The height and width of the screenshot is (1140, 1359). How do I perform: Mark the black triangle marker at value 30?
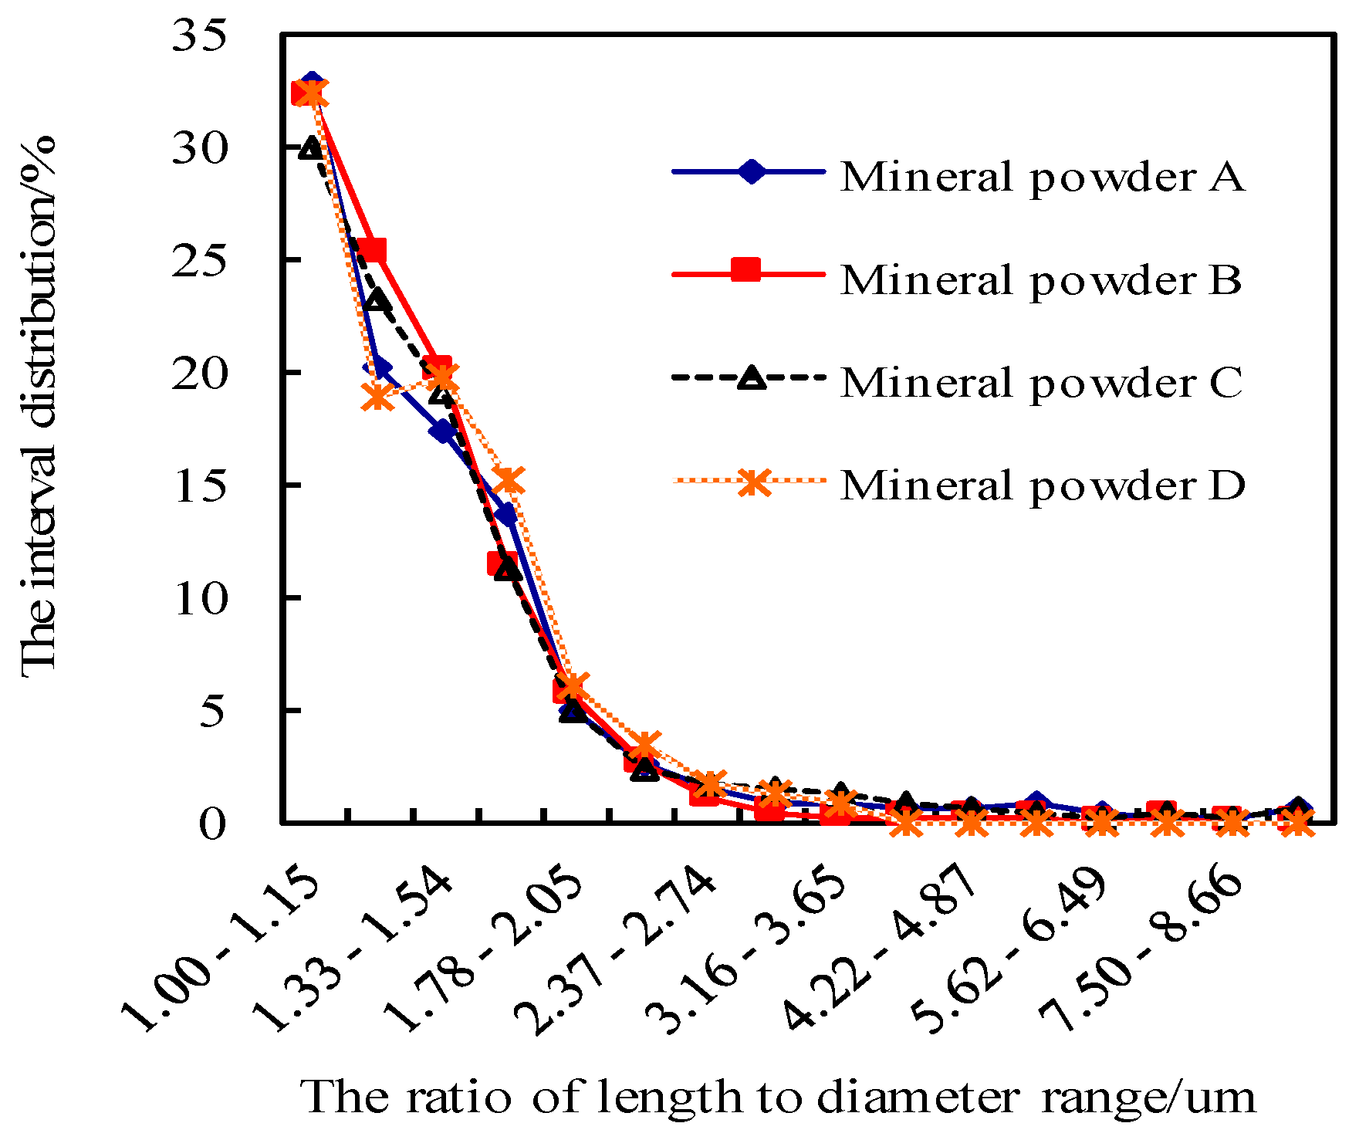(311, 147)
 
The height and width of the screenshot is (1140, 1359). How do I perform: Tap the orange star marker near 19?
(377, 397)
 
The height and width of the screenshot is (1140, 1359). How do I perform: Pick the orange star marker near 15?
(509, 480)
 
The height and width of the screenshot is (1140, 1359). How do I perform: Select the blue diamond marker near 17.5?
(443, 431)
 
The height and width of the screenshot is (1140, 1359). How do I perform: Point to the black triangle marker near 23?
(377, 299)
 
